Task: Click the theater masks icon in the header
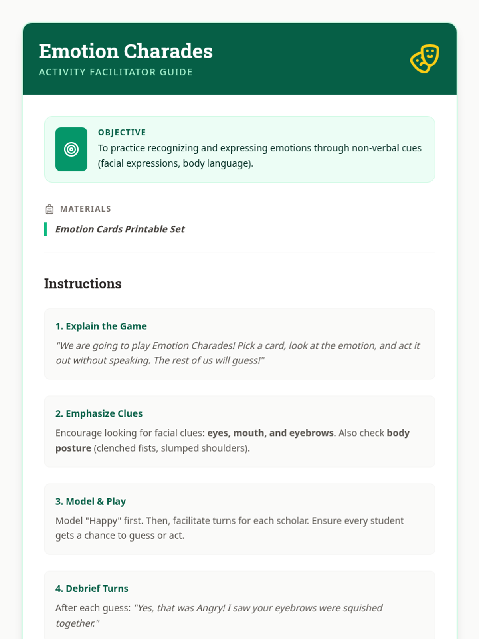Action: click(x=425, y=58)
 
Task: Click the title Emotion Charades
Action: click(x=126, y=51)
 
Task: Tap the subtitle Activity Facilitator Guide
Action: click(x=116, y=72)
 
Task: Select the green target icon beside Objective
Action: click(x=71, y=149)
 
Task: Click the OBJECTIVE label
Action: click(x=122, y=133)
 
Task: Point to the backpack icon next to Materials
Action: click(x=49, y=209)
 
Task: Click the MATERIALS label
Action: click(x=85, y=209)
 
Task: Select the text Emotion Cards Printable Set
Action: click(x=120, y=229)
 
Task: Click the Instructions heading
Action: click(x=83, y=284)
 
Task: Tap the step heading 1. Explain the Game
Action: click(x=101, y=326)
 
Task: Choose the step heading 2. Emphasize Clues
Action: click(x=99, y=414)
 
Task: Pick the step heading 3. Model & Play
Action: click(x=91, y=501)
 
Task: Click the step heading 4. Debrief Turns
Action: click(x=92, y=589)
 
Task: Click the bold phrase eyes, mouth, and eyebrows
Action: click(x=270, y=433)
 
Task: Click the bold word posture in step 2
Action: click(x=73, y=448)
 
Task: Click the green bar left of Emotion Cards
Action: click(x=46, y=229)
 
